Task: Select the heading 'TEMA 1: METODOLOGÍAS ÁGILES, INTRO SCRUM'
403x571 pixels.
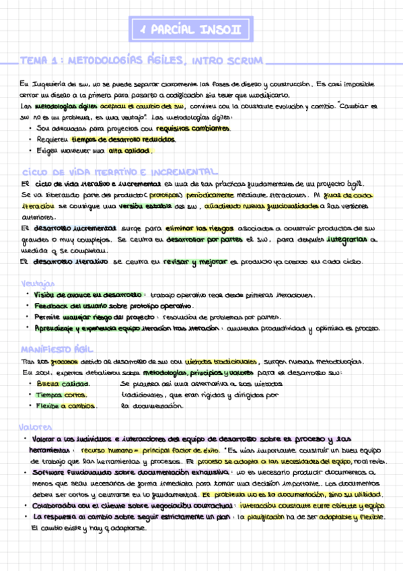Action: pos(142,61)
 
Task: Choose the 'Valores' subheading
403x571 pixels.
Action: pos(36,427)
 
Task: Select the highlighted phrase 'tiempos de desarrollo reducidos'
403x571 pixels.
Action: pos(124,139)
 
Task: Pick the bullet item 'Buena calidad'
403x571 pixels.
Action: pos(57,383)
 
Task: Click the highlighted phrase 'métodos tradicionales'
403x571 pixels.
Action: pos(221,362)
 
